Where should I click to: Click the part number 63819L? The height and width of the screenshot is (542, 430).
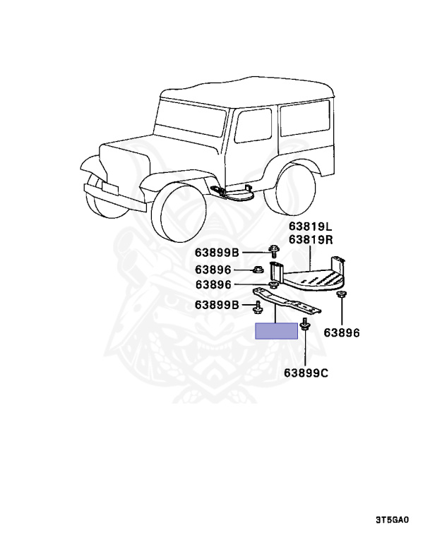310,227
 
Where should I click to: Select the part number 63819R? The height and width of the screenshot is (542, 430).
310,240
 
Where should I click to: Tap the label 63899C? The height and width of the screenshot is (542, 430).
306,372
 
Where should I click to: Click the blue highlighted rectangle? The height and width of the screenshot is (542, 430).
277,331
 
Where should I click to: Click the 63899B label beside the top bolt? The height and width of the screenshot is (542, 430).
217,253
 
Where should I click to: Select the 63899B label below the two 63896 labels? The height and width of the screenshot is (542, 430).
217,305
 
